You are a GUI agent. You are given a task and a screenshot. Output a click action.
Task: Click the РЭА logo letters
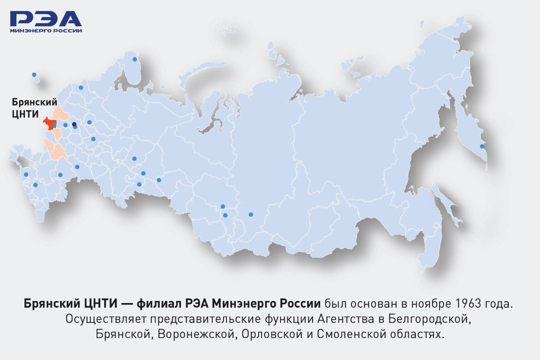pyautogui.click(x=45, y=19)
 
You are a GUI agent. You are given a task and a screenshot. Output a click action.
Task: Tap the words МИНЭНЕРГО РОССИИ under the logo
pyautogui.click(x=45, y=30)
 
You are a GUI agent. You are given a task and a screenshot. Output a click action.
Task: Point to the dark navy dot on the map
pyautogui.click(x=74, y=124)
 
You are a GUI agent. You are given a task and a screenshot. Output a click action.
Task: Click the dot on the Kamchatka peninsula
pyautogui.click(x=482, y=146)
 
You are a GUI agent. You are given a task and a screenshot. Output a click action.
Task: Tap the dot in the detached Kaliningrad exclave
pyautogui.click(x=34, y=74)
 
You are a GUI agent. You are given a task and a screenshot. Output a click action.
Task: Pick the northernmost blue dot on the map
pyautogui.click(x=134, y=59)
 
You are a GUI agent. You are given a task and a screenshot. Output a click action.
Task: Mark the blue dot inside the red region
pyautogui.click(x=54, y=125)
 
